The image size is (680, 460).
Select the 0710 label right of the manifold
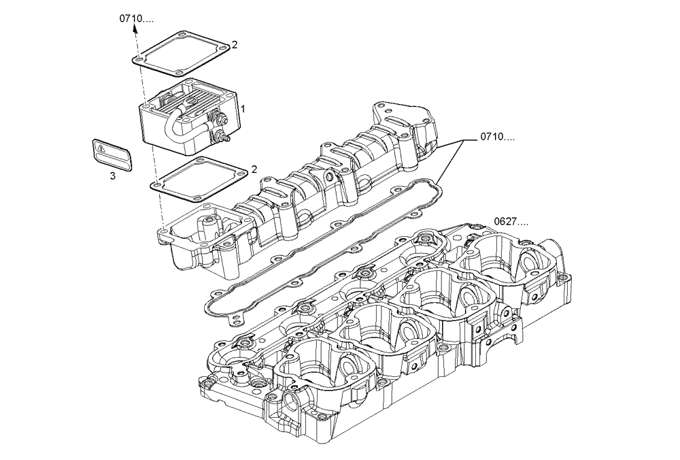click(497, 137)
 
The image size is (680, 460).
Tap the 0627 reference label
click(511, 221)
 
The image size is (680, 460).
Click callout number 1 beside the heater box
click(243, 109)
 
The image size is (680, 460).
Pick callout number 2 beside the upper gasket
click(235, 45)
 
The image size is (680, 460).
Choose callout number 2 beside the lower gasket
click(254, 169)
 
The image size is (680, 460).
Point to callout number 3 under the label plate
click(113, 176)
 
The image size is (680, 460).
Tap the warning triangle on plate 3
click(101, 147)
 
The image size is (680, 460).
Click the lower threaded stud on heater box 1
click(224, 137)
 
